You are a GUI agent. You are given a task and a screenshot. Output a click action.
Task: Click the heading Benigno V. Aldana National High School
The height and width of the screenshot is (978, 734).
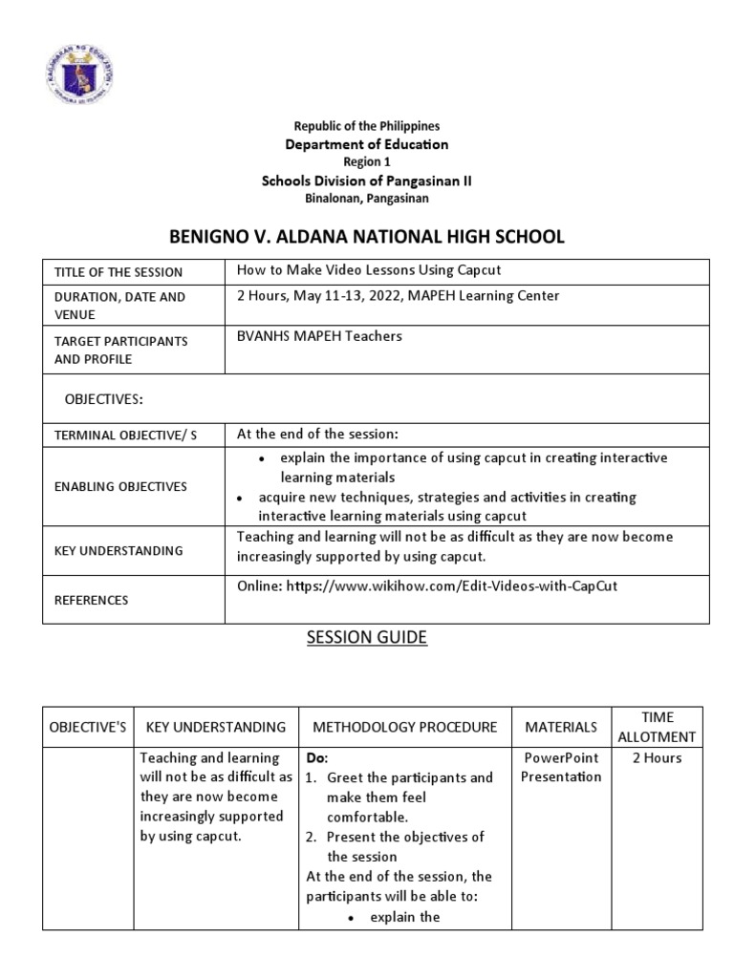368,237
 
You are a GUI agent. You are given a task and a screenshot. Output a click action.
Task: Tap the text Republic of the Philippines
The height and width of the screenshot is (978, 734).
367,126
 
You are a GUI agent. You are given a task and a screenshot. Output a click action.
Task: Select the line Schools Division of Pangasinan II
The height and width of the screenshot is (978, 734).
367,181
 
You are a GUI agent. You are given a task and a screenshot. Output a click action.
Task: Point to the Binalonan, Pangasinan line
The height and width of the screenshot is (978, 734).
367,199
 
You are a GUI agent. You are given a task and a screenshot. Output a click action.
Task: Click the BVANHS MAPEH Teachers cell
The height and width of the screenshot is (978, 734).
319,335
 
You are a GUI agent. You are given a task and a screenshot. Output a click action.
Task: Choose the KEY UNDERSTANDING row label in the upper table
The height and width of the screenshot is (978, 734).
119,551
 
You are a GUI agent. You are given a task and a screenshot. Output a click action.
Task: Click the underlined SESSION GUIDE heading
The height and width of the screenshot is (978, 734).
367,638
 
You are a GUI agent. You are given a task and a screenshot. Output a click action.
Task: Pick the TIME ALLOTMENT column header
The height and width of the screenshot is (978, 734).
658,727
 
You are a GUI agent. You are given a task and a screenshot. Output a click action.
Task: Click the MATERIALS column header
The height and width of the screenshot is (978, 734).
561,728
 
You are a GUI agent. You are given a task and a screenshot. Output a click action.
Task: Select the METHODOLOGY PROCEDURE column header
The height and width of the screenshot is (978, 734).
405,728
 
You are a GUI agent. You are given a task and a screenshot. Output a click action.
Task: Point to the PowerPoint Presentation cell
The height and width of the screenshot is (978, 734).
561,767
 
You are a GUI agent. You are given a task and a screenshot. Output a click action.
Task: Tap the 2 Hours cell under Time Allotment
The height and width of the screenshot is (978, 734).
657,758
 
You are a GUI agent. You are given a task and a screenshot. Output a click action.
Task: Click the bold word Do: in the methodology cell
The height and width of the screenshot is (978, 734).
316,758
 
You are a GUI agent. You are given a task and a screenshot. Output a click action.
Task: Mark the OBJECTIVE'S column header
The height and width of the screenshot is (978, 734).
88,728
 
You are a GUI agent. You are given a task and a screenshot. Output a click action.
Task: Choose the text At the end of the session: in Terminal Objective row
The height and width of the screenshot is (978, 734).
312,434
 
